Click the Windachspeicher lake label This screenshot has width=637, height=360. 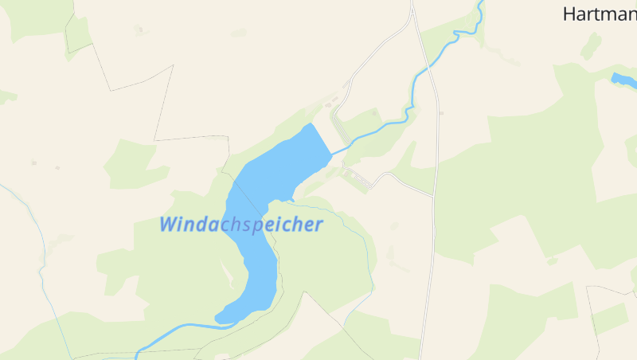pos(241,224)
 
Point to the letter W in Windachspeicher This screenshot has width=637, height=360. pos(170,224)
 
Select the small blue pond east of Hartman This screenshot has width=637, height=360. pos(623,80)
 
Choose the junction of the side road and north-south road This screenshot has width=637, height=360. pos(432,194)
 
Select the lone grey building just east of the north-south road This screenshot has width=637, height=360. pos(441,113)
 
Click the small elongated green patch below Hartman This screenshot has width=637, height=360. pos(590,45)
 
